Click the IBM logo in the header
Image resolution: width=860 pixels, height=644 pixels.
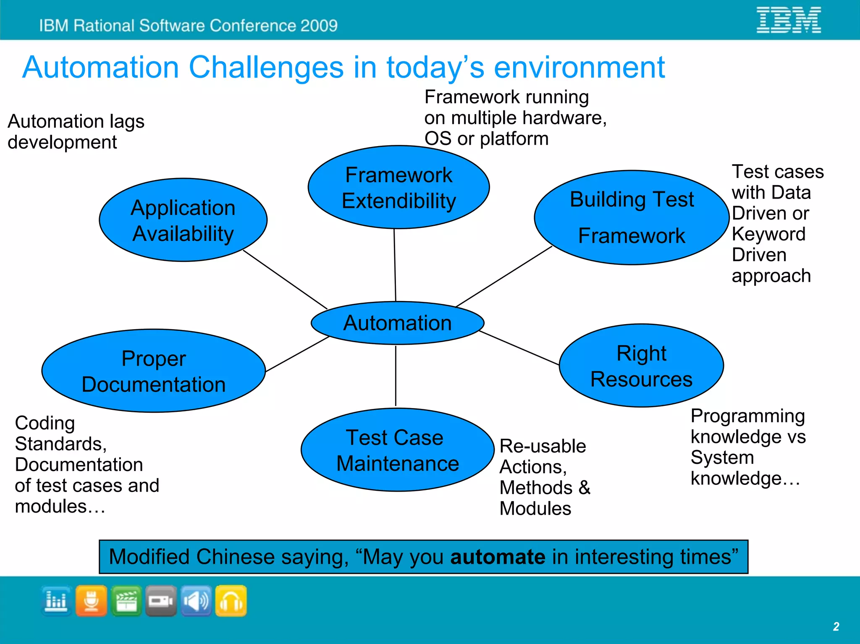pyautogui.click(x=789, y=20)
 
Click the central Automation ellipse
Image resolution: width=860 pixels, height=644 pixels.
pyautogui.click(x=397, y=323)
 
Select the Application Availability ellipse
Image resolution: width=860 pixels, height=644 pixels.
pyautogui.click(x=183, y=220)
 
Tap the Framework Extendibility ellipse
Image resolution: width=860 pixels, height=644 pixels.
pyautogui.click(x=399, y=187)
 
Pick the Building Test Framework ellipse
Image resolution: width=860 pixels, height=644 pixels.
pyautogui.click(x=631, y=217)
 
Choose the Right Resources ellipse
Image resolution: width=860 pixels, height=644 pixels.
pyautogui.click(x=641, y=366)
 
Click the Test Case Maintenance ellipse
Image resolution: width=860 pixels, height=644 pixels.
pyautogui.click(x=397, y=450)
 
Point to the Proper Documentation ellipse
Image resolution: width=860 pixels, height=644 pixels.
pyautogui.click(x=154, y=371)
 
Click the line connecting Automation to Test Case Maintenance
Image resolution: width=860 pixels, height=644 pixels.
pyautogui.click(x=396, y=376)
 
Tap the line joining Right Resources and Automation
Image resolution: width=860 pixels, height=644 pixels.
pyautogui.click(x=519, y=348)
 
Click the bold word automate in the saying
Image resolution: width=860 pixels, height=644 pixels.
pyautogui.click(x=498, y=557)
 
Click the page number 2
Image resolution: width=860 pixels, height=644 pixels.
pyautogui.click(x=836, y=626)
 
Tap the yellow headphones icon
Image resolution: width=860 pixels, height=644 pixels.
pyautogui.click(x=231, y=601)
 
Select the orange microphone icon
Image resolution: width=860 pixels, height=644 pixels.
pyautogui.click(x=92, y=601)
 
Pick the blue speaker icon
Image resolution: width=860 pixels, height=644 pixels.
pyautogui.click(x=196, y=601)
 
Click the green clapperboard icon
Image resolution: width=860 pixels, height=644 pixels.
pyautogui.click(x=126, y=601)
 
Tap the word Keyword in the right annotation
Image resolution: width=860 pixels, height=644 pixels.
pyautogui.click(x=768, y=234)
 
